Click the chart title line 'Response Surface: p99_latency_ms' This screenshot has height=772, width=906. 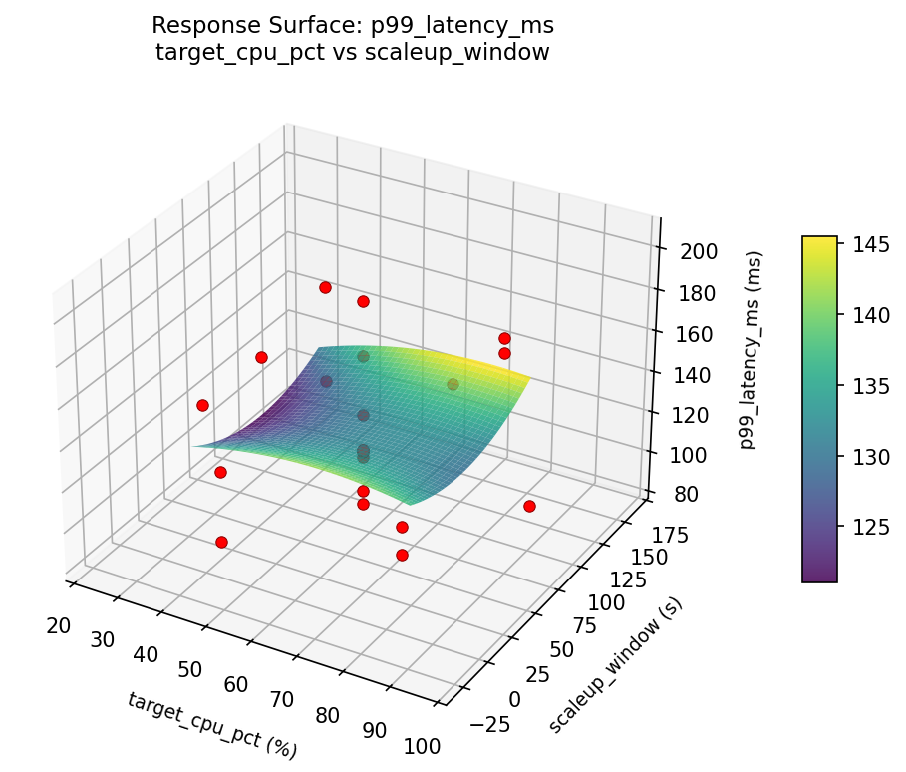(x=352, y=25)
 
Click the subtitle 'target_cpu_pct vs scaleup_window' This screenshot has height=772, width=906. (x=352, y=53)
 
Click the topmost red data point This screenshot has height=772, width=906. (x=325, y=287)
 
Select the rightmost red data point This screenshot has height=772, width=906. (x=529, y=506)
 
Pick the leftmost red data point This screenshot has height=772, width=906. (x=202, y=405)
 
